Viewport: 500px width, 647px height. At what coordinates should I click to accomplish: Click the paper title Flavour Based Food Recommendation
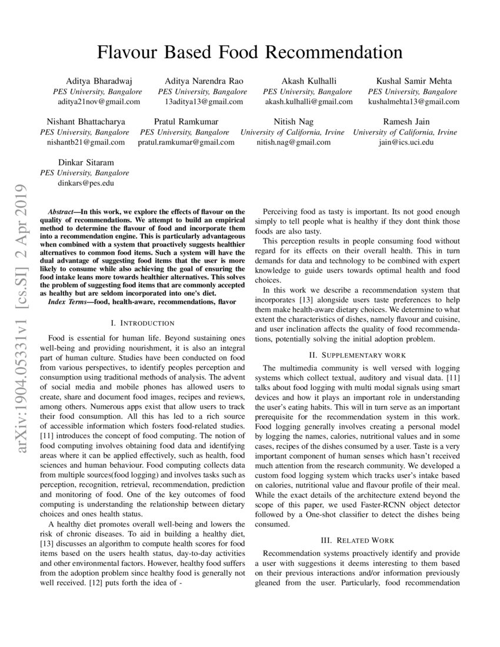point(250,52)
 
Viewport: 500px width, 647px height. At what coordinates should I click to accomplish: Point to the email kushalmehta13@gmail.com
point(413,102)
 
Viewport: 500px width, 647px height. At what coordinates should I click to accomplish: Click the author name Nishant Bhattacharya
point(86,122)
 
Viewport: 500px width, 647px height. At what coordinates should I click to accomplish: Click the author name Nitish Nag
point(294,122)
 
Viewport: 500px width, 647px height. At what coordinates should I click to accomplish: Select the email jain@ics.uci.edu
point(405,142)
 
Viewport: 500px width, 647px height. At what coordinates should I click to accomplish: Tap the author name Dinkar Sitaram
point(86,162)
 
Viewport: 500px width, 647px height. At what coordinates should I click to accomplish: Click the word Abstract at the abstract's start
point(62,211)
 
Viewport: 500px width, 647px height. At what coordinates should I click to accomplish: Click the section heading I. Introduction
point(142,323)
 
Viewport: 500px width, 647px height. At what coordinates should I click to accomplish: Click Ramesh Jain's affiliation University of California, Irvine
point(405,132)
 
